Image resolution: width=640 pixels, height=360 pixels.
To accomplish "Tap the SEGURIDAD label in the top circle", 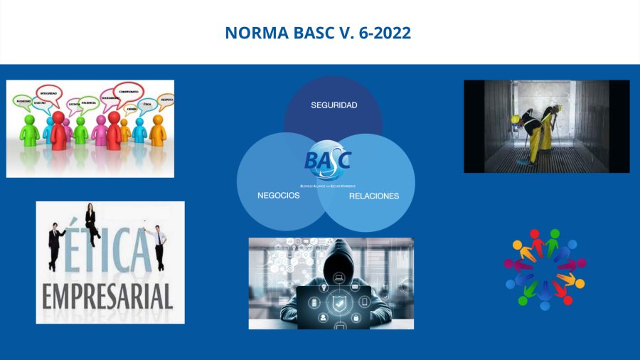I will [334, 105].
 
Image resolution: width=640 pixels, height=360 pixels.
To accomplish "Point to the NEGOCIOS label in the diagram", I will [278, 195].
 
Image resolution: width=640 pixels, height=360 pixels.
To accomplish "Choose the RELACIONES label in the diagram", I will [373, 196].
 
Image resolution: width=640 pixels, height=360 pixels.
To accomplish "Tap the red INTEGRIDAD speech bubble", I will [48, 93].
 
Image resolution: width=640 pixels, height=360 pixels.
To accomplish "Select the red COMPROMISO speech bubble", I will [129, 92].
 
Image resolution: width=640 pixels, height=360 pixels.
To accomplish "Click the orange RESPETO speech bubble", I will [166, 100].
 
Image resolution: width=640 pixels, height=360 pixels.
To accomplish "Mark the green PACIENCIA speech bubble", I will [89, 104].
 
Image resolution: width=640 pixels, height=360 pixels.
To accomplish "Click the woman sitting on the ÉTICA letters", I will [91, 221].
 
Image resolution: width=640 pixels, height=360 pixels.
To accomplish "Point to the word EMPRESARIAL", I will [107, 295].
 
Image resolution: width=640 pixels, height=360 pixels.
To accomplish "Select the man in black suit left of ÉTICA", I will [55, 245].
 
